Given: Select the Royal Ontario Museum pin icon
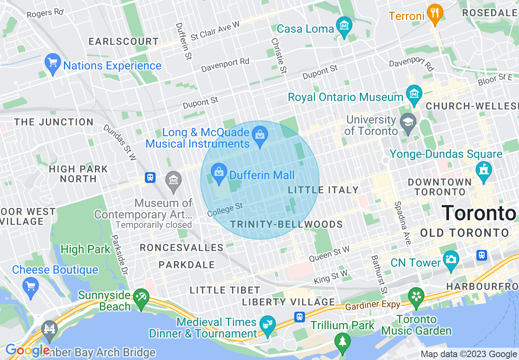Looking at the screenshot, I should click(x=414, y=94).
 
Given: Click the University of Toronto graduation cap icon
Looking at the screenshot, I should click(x=408, y=124).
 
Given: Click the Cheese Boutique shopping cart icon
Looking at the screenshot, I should click(x=31, y=285).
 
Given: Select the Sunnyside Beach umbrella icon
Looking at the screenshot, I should click(x=142, y=297).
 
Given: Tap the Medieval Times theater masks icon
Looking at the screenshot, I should click(x=268, y=325).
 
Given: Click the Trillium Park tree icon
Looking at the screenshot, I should click(x=342, y=340).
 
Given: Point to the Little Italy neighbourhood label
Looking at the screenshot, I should click(x=323, y=190).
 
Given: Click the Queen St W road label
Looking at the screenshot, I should click(x=329, y=254).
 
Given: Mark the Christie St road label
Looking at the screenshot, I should click(x=278, y=56).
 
